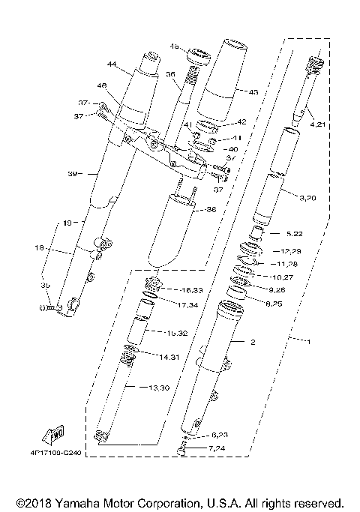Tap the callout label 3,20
coord(307,199)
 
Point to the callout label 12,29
coord(289,250)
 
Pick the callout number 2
coord(253,342)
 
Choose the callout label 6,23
coord(219,435)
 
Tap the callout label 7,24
coord(217,450)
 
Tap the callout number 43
coord(253,93)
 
